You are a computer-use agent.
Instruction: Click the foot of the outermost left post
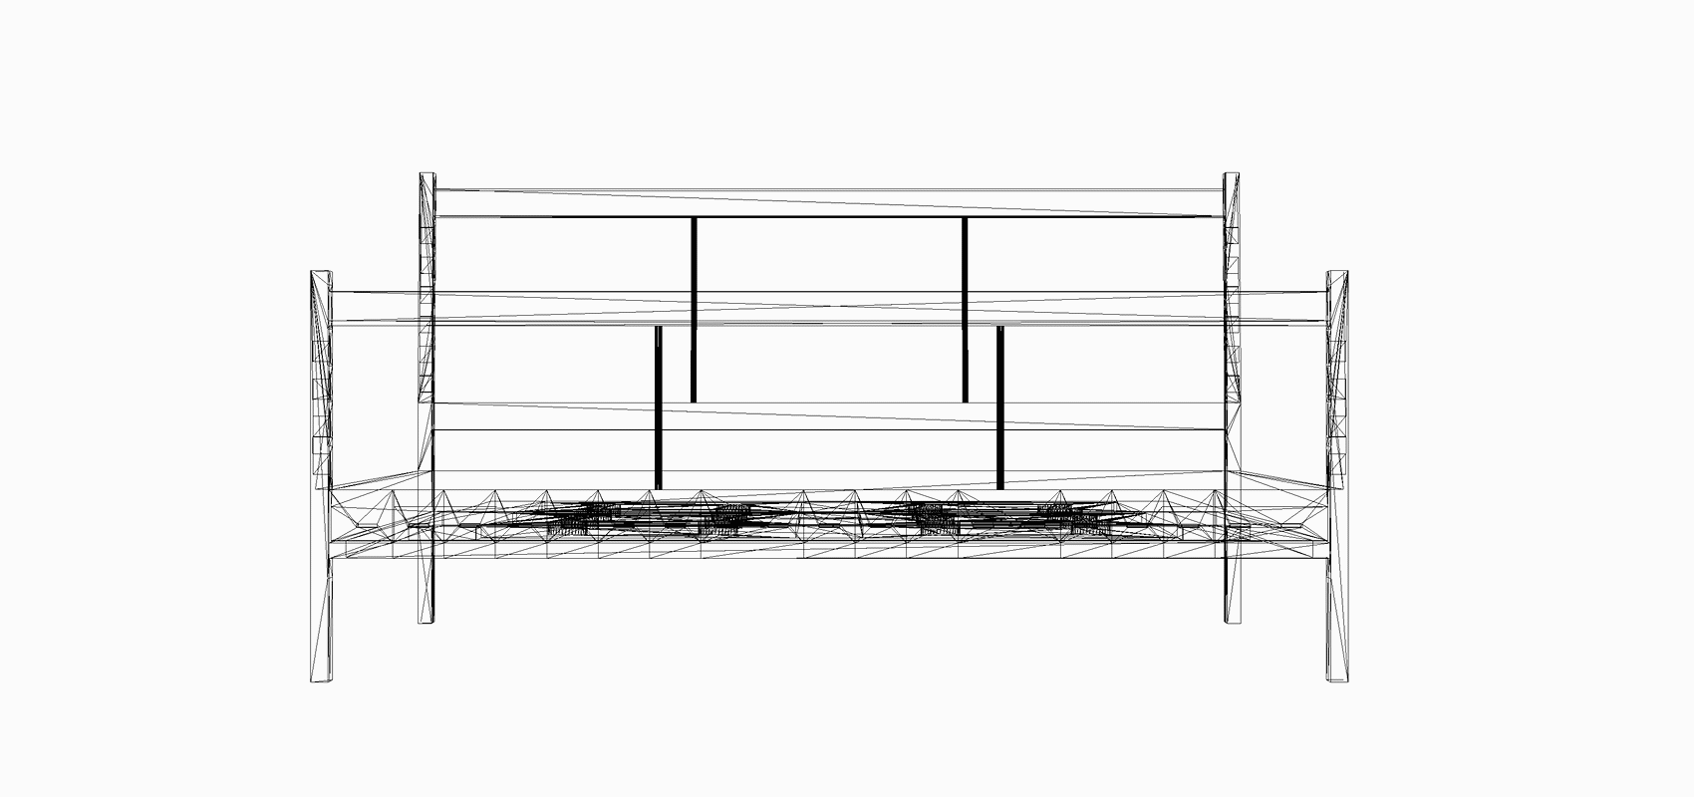pos(322,678)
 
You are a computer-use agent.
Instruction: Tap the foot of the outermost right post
pos(1337,678)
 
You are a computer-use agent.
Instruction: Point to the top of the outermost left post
pos(321,273)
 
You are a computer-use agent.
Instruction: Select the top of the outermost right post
pos(1337,273)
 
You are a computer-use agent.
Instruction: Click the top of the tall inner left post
pos(426,176)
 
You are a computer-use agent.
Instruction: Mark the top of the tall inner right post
pos(1232,176)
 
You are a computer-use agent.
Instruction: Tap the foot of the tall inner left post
pos(426,620)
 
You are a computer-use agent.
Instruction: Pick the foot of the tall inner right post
pos(1233,620)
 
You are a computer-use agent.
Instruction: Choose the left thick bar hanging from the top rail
pos(694,309)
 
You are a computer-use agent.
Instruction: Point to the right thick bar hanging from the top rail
pos(965,309)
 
